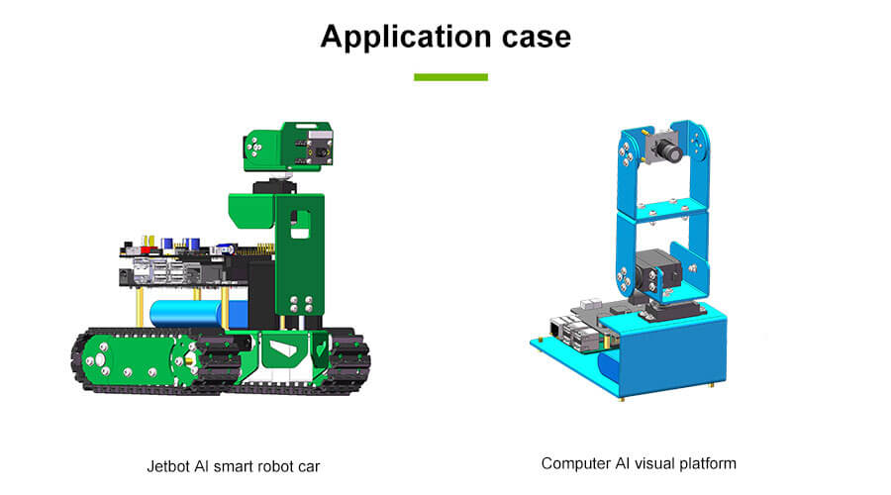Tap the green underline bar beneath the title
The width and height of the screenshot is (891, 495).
coord(450,76)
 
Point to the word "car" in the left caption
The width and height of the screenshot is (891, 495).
coord(309,465)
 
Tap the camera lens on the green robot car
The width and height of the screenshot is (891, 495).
coord(319,150)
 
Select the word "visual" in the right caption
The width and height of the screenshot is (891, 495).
coord(657,463)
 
